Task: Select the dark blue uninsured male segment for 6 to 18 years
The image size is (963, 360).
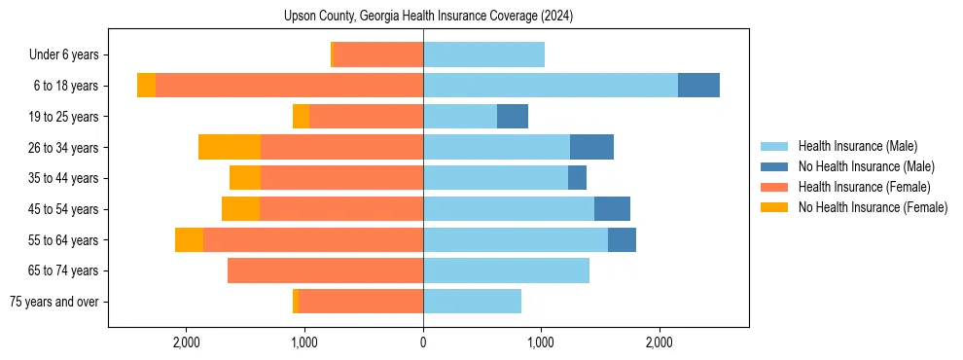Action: [x=698, y=86]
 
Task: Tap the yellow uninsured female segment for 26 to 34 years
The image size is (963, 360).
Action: [x=230, y=147]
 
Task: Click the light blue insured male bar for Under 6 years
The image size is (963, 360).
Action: [x=483, y=54]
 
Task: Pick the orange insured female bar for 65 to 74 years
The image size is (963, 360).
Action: [x=325, y=270]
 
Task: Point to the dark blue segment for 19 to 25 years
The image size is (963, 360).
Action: [x=513, y=117]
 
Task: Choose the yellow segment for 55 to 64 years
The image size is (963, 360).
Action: [x=189, y=240]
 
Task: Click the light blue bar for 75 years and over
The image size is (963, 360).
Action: [x=472, y=302]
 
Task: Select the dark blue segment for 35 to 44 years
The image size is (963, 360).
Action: [x=577, y=178]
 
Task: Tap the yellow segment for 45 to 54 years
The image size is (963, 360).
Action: [x=240, y=209]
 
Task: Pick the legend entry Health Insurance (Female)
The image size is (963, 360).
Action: [x=864, y=187]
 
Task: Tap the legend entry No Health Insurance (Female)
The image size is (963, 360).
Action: [x=873, y=207]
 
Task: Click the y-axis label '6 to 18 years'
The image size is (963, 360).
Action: [x=65, y=86]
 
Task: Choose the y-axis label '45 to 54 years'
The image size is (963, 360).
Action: [x=62, y=209]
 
